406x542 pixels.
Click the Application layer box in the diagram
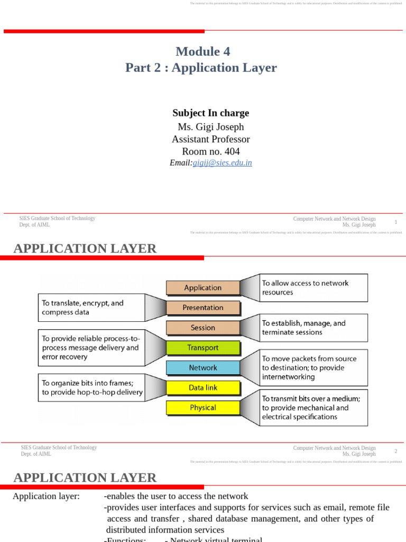pos(203,287)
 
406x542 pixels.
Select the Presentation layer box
pos(203,308)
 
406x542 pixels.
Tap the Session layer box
pos(203,328)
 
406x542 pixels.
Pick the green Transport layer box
pos(203,348)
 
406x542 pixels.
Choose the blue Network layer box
pos(203,367)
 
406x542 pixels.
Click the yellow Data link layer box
pos(203,387)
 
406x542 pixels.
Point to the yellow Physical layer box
pos(203,408)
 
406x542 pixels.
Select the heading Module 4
pos(203,51)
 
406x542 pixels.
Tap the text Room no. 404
pos(211,151)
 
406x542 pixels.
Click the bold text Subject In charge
pos(211,113)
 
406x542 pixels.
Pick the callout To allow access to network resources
pos(313,287)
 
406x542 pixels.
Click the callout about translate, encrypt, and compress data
pos(90,308)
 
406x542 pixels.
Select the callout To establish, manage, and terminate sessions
pos(313,328)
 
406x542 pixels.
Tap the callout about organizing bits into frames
pos(90,387)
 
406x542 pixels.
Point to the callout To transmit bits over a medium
pos(313,408)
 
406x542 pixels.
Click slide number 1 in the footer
pos(395,222)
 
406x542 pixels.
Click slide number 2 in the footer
pos(395,451)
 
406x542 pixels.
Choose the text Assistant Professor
pos(211,139)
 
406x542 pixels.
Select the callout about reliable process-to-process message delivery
pos(90,348)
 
